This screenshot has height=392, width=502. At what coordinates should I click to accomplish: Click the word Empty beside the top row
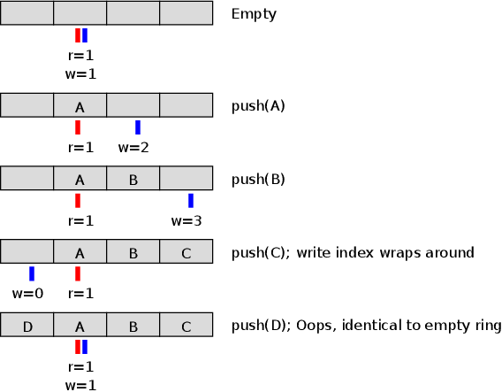(254, 14)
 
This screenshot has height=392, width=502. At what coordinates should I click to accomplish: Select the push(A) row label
(258, 106)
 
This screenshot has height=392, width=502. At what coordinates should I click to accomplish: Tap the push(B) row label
(258, 179)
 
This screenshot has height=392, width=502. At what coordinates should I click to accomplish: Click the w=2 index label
(133, 148)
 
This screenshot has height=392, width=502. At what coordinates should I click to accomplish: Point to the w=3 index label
(186, 221)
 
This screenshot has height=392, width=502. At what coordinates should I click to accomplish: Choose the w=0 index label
(27, 294)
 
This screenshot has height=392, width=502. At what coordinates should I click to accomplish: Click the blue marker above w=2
(138, 127)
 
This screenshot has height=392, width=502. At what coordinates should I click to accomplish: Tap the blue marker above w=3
(191, 201)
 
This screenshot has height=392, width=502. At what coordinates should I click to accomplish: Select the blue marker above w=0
(32, 273)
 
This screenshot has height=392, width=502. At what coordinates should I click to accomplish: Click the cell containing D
(27, 325)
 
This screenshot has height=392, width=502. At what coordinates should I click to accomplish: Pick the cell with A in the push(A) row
(80, 105)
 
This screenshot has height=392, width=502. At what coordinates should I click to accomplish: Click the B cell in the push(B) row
(133, 178)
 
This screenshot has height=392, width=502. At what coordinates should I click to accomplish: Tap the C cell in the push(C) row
(186, 251)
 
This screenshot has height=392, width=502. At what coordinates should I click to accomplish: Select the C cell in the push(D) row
(186, 325)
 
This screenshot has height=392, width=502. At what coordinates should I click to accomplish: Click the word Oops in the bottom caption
(316, 326)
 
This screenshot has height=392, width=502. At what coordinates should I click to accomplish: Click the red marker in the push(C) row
(78, 273)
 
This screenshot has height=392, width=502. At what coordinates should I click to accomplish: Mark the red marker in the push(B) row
(78, 201)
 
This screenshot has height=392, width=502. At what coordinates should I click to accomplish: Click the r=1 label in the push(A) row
(80, 148)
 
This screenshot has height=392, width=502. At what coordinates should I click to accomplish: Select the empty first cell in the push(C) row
(27, 251)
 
